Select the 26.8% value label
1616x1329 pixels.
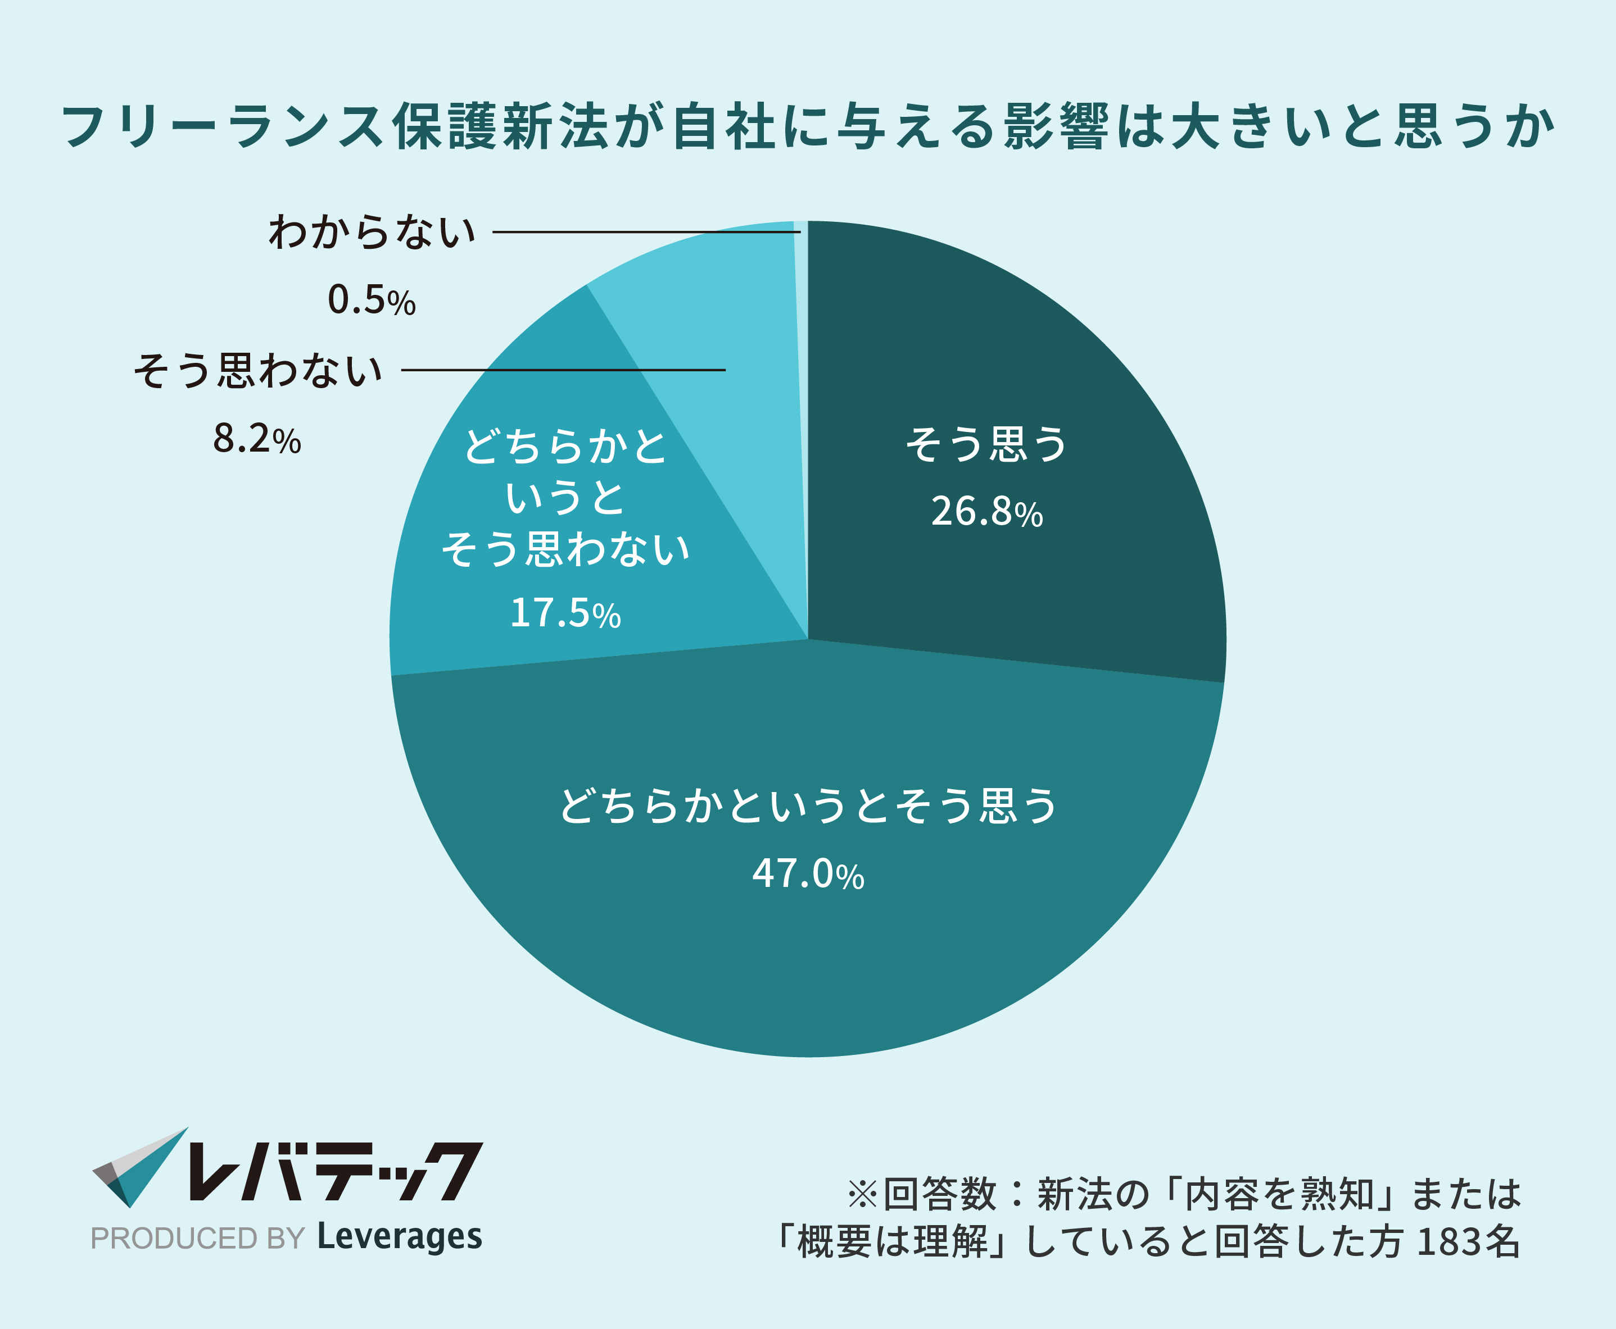click(986, 511)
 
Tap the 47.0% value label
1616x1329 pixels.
click(808, 873)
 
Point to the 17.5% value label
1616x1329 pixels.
click(565, 612)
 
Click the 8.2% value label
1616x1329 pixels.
click(256, 439)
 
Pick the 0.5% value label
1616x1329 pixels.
click(372, 299)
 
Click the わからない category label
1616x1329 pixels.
click(372, 231)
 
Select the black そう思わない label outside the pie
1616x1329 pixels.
click(258, 371)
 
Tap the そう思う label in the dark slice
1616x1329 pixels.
click(986, 444)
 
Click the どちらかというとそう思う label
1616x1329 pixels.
click(808, 806)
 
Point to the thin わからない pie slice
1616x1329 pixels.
click(801, 383)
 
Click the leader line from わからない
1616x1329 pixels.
click(644, 232)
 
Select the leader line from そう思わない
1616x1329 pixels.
click(563, 370)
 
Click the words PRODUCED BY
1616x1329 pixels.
click(198, 1239)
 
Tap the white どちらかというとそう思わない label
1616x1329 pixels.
click(565, 498)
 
